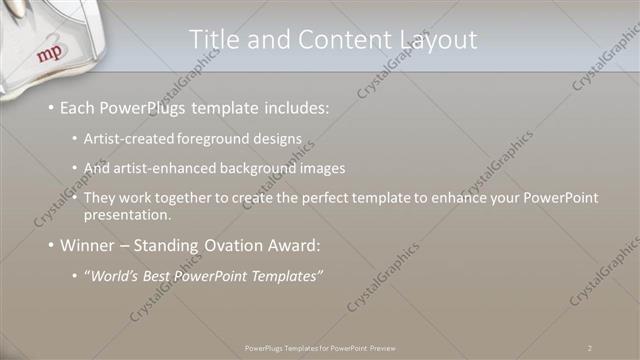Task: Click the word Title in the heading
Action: pos(212,39)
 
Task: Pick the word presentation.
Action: pos(129,215)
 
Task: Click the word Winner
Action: pos(90,244)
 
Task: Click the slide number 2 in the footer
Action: pos(590,348)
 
